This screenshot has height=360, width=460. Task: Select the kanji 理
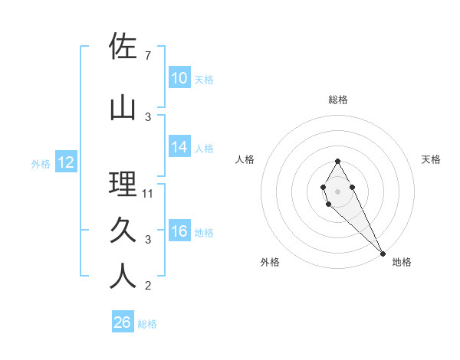[123, 184]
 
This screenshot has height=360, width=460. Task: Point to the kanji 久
[123, 230]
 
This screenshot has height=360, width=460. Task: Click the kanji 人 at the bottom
[123, 277]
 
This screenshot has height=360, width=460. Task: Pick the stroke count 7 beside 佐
[147, 56]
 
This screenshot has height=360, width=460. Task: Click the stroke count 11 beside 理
[148, 194]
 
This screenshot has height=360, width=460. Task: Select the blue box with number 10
[179, 78]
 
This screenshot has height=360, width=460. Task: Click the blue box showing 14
[179, 147]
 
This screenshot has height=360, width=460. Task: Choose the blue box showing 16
[179, 231]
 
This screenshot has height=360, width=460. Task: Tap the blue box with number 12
[65, 162]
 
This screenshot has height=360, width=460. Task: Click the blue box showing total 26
[122, 322]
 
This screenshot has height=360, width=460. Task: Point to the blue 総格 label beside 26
[147, 324]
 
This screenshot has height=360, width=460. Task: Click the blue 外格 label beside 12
[41, 163]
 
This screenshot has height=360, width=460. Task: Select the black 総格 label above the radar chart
[337, 100]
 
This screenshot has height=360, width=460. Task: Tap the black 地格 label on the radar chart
[402, 262]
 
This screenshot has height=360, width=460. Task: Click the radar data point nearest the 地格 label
[383, 253]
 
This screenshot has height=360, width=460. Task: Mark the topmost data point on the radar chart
[337, 161]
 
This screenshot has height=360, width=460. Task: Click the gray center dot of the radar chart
[337, 190]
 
